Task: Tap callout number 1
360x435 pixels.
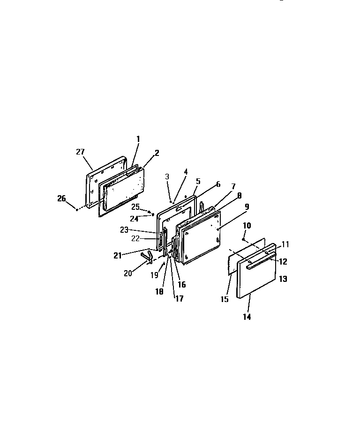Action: coord(138,139)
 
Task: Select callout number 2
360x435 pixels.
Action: coord(157,153)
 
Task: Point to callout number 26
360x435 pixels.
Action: coord(61,198)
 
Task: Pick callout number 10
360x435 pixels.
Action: coord(247,225)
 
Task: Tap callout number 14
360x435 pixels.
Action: coord(247,317)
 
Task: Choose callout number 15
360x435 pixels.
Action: coord(225,299)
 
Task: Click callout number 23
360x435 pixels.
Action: coord(124,229)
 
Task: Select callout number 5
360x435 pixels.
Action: coord(198,181)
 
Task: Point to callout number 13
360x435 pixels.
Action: coord(283,279)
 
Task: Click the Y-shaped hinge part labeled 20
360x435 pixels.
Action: coord(146,256)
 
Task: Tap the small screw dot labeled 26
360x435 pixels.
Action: coord(76,210)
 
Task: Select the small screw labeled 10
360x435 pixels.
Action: coord(243,239)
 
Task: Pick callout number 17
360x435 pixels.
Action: coord(180,298)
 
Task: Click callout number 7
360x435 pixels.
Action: coord(233,186)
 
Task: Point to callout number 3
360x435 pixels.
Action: coord(166,176)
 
